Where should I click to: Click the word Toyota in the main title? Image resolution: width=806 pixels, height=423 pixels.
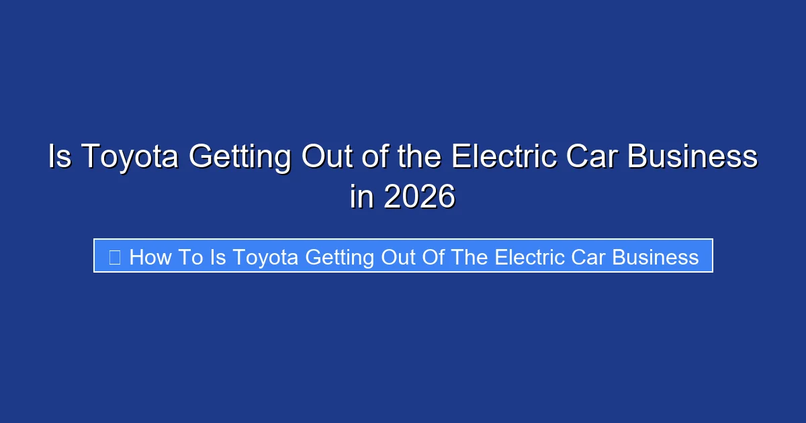[x=131, y=158]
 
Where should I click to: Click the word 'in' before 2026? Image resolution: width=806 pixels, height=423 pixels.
[x=363, y=197]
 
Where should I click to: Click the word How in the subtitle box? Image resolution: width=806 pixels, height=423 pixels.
[x=150, y=257]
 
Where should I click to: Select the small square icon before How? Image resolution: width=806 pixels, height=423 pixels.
[x=115, y=257]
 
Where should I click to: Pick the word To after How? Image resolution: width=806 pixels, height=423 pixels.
[x=190, y=257]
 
